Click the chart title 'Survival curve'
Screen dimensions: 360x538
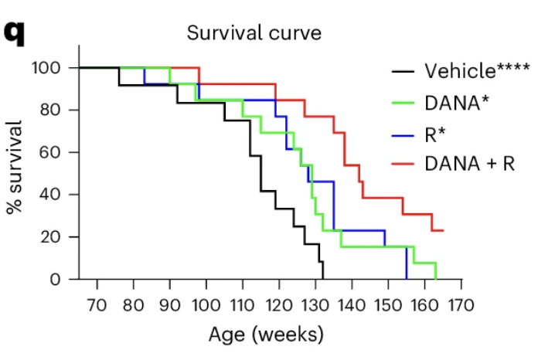(253, 33)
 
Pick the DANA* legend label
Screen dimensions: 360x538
(456, 102)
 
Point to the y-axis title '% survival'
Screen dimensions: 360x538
(15, 166)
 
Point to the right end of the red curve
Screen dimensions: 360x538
(443, 230)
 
